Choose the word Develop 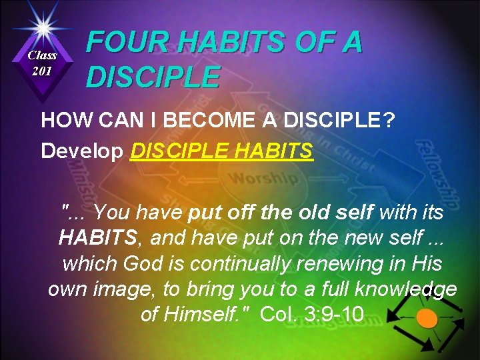82,151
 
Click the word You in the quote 115,213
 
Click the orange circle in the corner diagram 427,319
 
